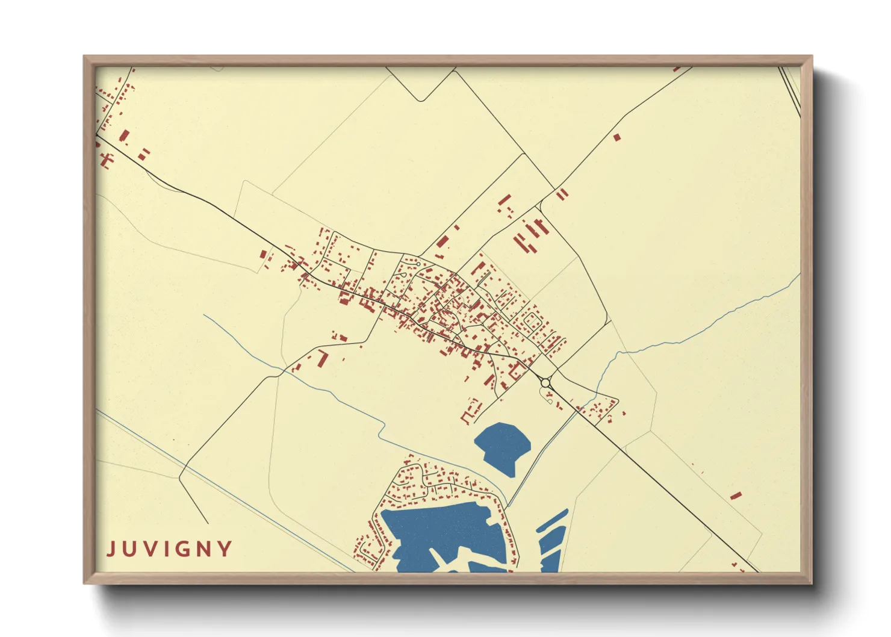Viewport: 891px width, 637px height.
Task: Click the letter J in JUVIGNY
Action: point(111,549)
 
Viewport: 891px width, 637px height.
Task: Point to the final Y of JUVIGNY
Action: point(225,549)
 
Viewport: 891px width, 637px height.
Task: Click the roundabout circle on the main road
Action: point(545,383)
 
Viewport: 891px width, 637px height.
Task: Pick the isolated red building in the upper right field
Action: point(616,137)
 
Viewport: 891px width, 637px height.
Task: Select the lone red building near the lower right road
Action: point(735,496)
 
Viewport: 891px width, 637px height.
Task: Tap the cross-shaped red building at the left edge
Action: point(107,160)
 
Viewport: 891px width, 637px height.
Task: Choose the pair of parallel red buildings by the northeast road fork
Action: point(562,194)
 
